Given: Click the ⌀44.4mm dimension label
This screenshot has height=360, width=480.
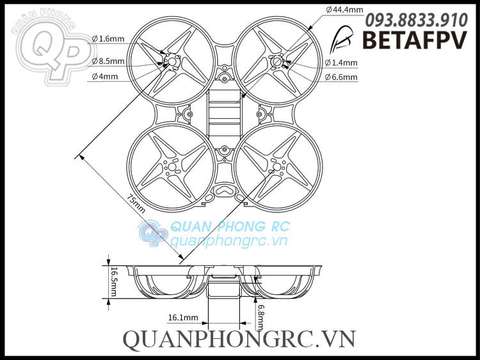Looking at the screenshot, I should point(345,10).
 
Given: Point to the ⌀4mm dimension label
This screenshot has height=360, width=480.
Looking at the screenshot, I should point(105,77).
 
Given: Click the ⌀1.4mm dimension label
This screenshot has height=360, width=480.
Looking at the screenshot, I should point(341,63).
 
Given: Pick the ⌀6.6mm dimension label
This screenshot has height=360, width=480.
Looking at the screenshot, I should point(341,77).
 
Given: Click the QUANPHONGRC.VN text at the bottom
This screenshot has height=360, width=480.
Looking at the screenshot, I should point(239,339).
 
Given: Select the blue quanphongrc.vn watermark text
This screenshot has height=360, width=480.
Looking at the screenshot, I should point(227,241).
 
